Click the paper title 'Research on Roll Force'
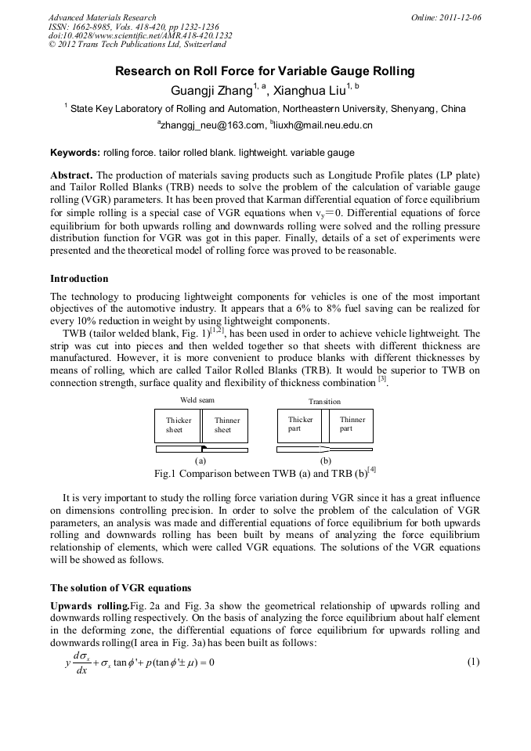pyautogui.click(x=265, y=71)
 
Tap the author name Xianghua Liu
pyautogui.click(x=313, y=90)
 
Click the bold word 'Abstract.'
pyautogui.click(x=71, y=175)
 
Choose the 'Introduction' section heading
pyautogui.click(x=79, y=279)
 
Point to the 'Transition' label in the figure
pyautogui.click(x=324, y=401)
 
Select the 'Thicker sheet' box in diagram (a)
pyautogui.click(x=179, y=425)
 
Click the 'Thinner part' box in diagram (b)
pyautogui.click(x=352, y=424)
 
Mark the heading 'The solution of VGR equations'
pyautogui.click(x=121, y=588)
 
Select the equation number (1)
pyautogui.click(x=473, y=662)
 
